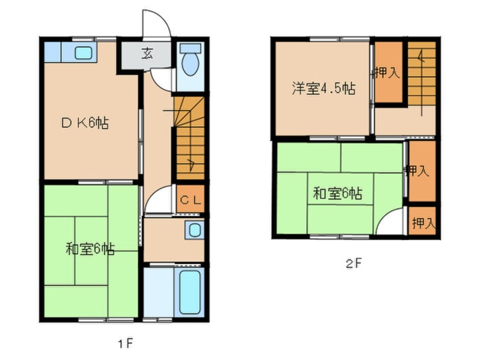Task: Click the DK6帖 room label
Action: [85, 123]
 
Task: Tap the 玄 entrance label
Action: [147, 55]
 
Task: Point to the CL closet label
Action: [189, 200]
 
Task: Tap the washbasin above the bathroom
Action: [194, 230]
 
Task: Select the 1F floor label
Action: [125, 343]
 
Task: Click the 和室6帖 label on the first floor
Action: [90, 249]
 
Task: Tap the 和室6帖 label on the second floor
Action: [338, 194]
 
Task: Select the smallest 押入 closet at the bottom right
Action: [423, 223]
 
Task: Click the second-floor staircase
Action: [422, 74]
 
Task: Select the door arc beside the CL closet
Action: [158, 199]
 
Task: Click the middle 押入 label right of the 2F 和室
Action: [420, 171]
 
